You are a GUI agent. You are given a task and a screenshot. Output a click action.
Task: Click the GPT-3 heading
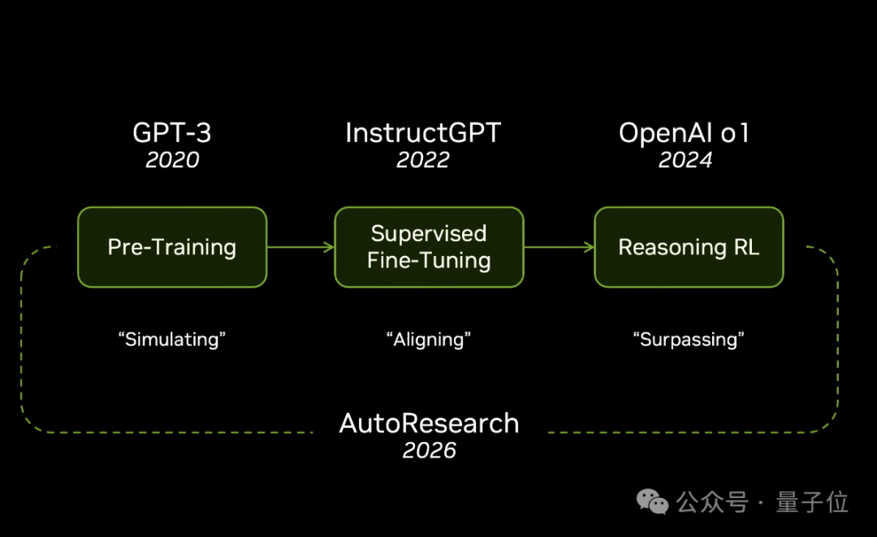tap(171, 133)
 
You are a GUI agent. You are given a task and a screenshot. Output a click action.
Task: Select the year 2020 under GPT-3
tap(172, 160)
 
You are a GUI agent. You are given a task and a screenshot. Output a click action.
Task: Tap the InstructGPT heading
tap(423, 133)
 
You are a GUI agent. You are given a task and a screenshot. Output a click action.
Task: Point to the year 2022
tap(423, 160)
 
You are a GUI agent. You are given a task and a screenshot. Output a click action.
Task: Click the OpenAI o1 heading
tap(684, 133)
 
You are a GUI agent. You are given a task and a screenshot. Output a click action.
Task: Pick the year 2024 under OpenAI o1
tap(685, 160)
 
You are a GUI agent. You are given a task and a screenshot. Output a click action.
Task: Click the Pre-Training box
tap(172, 247)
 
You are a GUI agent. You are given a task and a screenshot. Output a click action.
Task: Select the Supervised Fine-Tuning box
tap(429, 247)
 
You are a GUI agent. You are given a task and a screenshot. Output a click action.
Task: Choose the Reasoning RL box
tap(689, 247)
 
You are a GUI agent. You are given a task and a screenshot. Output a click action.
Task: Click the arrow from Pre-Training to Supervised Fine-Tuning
tap(300, 247)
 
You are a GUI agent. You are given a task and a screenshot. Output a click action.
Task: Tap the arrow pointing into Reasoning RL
tap(559, 247)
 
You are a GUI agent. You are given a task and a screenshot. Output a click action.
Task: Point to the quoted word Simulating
tap(171, 340)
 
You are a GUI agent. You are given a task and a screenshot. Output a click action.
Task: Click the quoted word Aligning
tap(429, 340)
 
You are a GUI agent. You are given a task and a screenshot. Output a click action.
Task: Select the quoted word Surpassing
tap(689, 340)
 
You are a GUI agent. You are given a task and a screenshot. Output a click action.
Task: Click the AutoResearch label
tap(429, 423)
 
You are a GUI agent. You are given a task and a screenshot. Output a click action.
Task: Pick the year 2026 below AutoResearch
tap(429, 450)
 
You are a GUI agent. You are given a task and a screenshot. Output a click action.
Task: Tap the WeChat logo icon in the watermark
tap(652, 501)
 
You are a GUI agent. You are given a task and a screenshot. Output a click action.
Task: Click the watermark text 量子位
tap(812, 502)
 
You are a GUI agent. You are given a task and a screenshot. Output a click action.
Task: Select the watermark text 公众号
tap(712, 502)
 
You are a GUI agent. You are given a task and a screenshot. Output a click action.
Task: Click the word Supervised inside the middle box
tap(429, 234)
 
